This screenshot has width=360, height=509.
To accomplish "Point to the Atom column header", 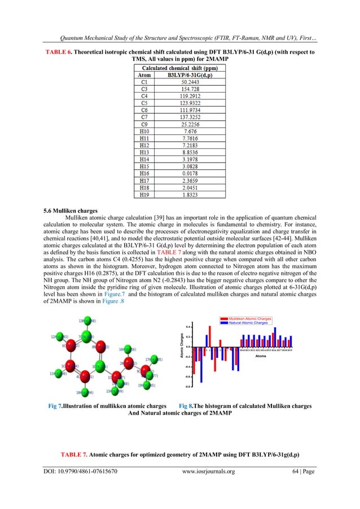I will [145, 74].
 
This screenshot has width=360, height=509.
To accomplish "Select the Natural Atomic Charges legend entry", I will [249, 323].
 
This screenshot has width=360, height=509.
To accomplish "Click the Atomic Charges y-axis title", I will [182, 346].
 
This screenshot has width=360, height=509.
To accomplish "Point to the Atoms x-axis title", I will [261, 356].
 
